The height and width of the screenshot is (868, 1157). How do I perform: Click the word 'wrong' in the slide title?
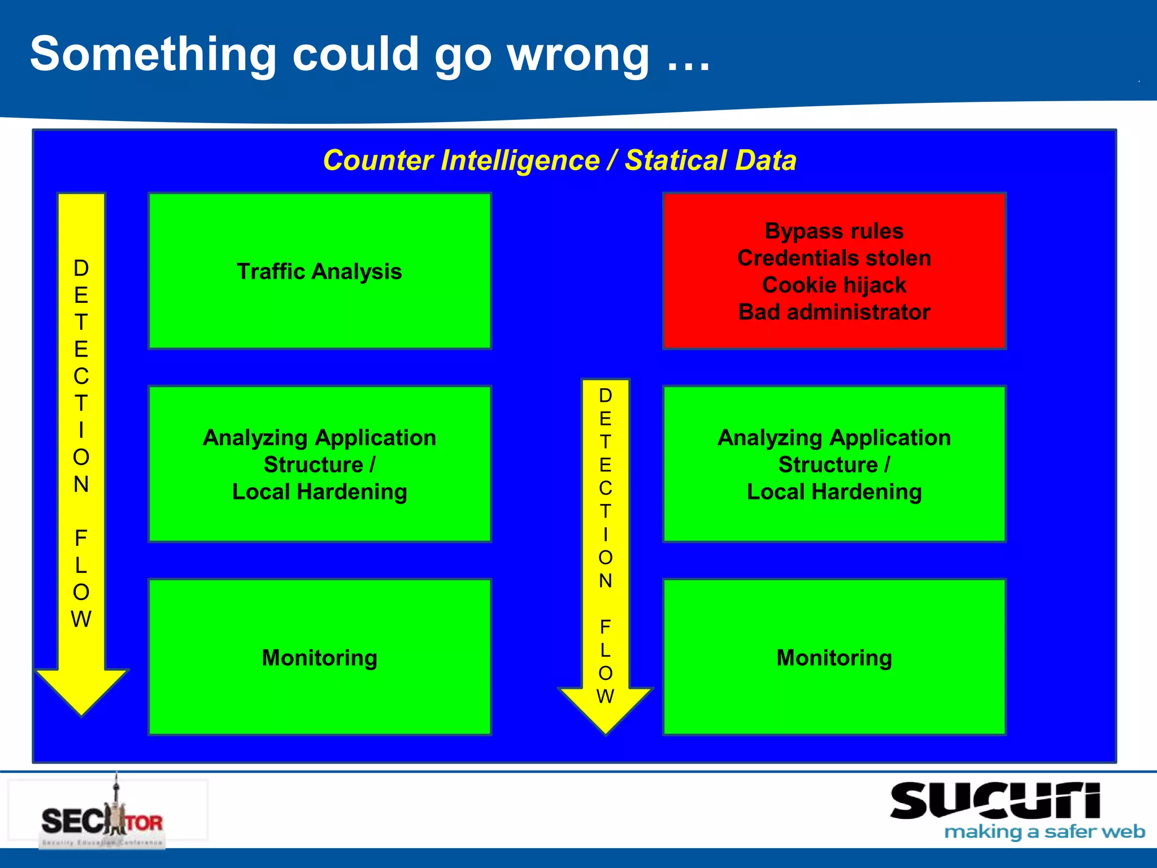point(578,55)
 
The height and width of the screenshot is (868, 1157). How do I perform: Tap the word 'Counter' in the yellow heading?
point(379,160)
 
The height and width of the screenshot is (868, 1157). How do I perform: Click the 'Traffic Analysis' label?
point(319,272)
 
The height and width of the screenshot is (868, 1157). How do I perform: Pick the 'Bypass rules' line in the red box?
point(834,231)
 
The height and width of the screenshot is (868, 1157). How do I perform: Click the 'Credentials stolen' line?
point(834,258)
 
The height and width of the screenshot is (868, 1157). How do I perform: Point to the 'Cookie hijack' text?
point(834,285)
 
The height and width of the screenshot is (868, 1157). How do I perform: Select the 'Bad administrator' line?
point(834,313)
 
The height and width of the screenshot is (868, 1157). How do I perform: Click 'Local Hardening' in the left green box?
point(319,492)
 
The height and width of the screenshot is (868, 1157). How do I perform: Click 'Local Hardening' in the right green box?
point(834,492)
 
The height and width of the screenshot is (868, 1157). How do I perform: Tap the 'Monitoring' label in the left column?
point(319,658)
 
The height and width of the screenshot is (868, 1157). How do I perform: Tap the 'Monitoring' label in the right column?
point(834,658)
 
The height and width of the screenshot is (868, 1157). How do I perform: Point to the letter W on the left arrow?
point(81,620)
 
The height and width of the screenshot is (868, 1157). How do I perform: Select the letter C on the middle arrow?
point(605,488)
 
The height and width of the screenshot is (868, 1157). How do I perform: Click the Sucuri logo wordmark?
point(994,801)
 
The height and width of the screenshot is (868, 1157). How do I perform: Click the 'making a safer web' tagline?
point(1044,832)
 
